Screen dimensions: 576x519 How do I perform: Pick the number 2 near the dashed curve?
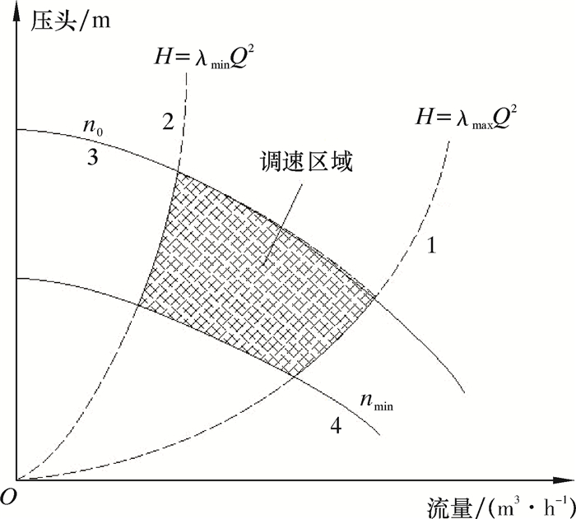click(x=168, y=123)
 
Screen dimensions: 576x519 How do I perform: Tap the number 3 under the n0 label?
click(x=93, y=157)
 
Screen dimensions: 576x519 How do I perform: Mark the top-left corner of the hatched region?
click(x=176, y=173)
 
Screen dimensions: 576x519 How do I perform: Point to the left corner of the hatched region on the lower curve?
click(x=139, y=307)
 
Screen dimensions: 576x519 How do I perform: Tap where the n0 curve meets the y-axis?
click(x=17, y=130)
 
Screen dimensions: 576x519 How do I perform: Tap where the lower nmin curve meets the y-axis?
click(x=17, y=278)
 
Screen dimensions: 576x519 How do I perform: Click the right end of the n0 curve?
click(x=465, y=393)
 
